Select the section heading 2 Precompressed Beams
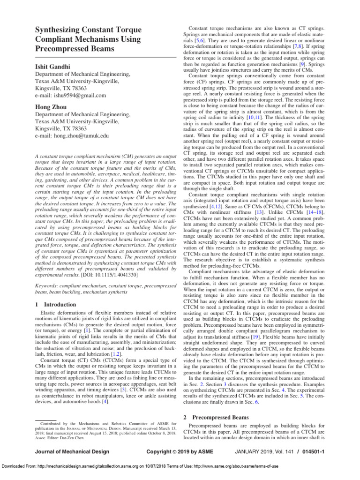[215, 417]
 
